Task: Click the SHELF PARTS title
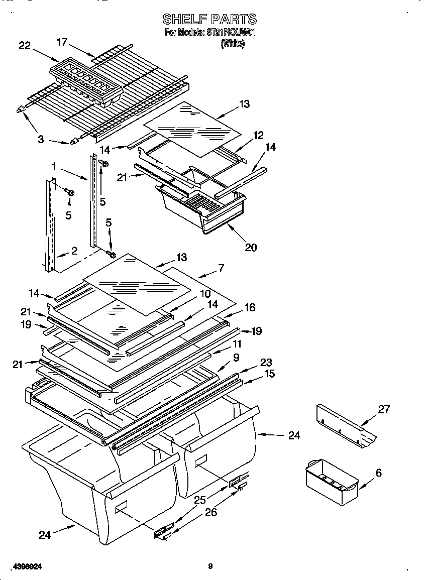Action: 209,20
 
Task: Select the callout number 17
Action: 62,42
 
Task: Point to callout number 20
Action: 251,247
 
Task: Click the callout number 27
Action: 384,409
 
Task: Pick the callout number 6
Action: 378,473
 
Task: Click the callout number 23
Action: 266,363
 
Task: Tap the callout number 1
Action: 53,165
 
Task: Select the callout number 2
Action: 74,251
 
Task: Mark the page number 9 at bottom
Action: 210,566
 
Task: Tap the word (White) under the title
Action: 233,44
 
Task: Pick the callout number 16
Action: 250,307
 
